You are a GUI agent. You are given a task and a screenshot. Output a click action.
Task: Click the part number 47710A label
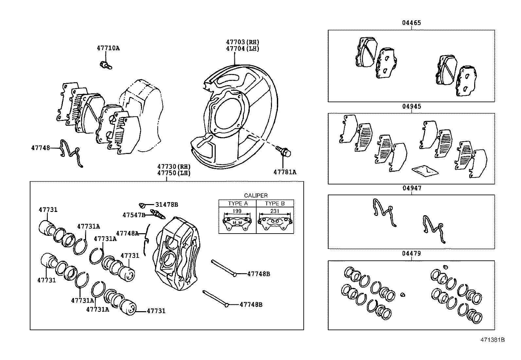tap(108, 48)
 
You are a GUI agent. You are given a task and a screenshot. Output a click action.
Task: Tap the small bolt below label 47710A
tap(105, 65)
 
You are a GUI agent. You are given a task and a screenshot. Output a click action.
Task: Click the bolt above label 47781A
tap(283, 151)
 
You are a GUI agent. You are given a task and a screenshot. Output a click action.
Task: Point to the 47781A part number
tap(285, 172)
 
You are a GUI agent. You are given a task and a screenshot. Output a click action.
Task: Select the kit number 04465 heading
tap(411, 23)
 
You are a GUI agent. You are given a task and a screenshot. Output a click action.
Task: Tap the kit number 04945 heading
tap(411, 106)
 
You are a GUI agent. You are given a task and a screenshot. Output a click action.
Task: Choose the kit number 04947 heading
tap(412, 188)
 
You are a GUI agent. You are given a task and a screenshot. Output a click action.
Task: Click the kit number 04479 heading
tap(411, 254)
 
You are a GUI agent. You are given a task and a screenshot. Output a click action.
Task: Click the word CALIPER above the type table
tap(256, 196)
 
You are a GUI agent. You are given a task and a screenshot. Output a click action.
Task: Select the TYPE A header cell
tap(238, 203)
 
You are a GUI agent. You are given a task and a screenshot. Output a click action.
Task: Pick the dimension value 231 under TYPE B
tap(275, 211)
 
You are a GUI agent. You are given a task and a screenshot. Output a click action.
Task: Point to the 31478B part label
tap(166, 205)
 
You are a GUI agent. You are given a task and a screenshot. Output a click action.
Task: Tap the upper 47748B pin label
tap(259, 274)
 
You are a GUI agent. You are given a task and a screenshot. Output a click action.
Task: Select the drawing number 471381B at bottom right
tap(492, 340)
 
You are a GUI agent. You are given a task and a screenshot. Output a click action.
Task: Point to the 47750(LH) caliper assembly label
tap(173, 173)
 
